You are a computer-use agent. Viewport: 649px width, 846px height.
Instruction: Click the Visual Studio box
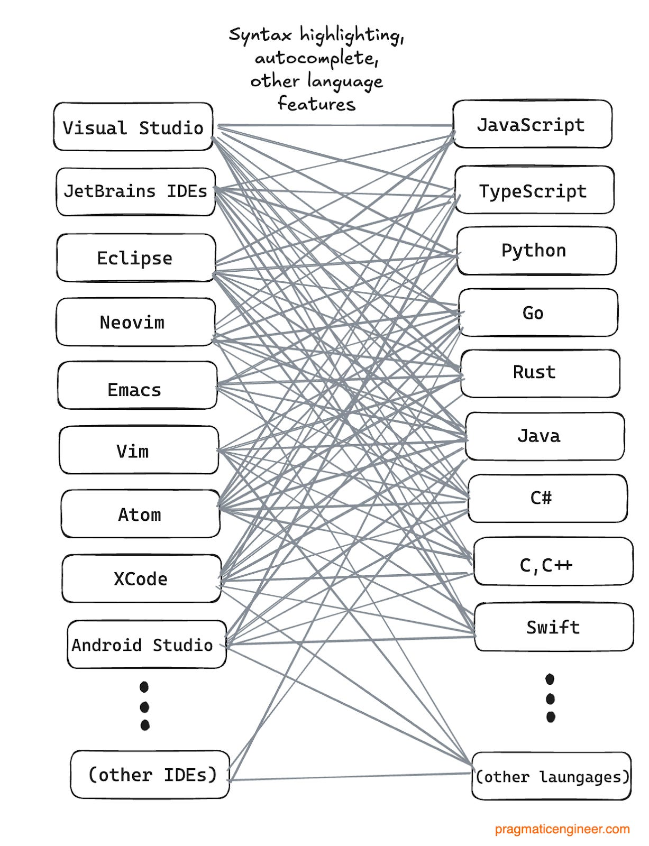pyautogui.click(x=133, y=127)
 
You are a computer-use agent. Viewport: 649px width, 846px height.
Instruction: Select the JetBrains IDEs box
pyautogui.click(x=135, y=191)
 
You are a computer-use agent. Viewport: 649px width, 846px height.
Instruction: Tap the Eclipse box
pyautogui.click(x=135, y=258)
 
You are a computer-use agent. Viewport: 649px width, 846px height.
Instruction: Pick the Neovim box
pyautogui.click(x=135, y=322)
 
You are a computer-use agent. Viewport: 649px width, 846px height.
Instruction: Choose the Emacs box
pyautogui.click(x=137, y=385)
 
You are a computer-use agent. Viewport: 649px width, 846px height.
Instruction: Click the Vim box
pyautogui.click(x=139, y=450)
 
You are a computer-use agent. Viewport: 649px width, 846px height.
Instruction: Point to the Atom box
pyautogui.click(x=140, y=514)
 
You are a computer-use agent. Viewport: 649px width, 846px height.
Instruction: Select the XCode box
pyautogui.click(x=141, y=578)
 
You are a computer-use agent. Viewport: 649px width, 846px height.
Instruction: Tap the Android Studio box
pyautogui.click(x=146, y=645)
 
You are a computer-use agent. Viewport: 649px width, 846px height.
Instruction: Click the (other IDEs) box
pyautogui.click(x=150, y=775)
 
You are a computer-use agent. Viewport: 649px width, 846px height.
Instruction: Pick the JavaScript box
pyautogui.click(x=532, y=124)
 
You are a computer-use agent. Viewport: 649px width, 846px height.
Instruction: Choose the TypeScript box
pyautogui.click(x=534, y=190)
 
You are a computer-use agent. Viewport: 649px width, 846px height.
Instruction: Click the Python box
pyautogui.click(x=536, y=251)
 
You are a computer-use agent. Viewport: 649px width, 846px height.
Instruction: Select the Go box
pyautogui.click(x=537, y=312)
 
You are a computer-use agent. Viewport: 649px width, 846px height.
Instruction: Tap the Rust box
pyautogui.click(x=540, y=373)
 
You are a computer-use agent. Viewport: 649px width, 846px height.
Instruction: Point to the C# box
pyautogui.click(x=547, y=498)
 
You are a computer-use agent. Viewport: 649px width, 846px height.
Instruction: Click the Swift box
pyautogui.click(x=553, y=627)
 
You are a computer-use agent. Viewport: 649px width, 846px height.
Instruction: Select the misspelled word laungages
pyautogui.click(x=582, y=777)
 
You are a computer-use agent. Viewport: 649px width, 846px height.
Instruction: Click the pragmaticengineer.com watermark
pyautogui.click(x=562, y=829)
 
